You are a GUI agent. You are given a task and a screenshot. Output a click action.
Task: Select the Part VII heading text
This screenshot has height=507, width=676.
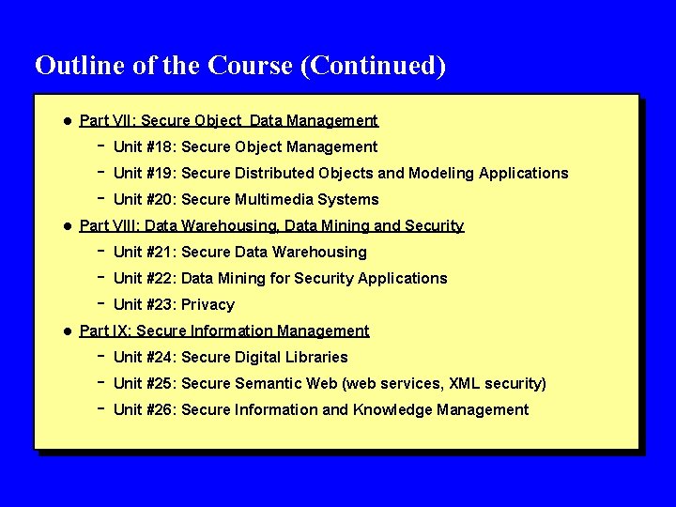click(x=228, y=120)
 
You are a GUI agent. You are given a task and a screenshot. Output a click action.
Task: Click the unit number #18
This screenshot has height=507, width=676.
click(x=161, y=146)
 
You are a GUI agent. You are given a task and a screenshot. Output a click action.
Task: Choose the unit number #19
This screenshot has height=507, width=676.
click(x=161, y=173)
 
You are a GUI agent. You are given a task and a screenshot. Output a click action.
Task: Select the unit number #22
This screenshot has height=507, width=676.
click(x=161, y=278)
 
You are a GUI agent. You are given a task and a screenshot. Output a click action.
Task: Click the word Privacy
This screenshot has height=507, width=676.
click(x=207, y=304)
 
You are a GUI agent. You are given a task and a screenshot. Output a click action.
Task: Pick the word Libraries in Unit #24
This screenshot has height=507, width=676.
click(x=316, y=357)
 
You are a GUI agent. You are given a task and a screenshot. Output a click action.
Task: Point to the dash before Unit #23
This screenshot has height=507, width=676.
click(x=100, y=303)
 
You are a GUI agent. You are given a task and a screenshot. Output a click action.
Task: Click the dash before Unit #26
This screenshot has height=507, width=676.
click(x=100, y=408)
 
